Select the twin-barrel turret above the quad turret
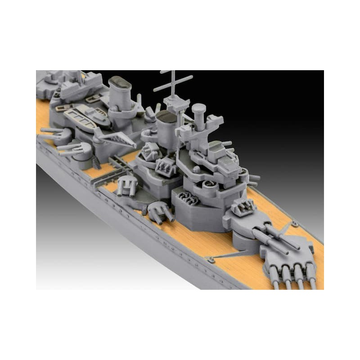click(252, 225)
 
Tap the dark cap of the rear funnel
click(119, 83)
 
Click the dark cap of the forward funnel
click(166, 117)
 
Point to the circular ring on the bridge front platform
click(209, 184)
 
